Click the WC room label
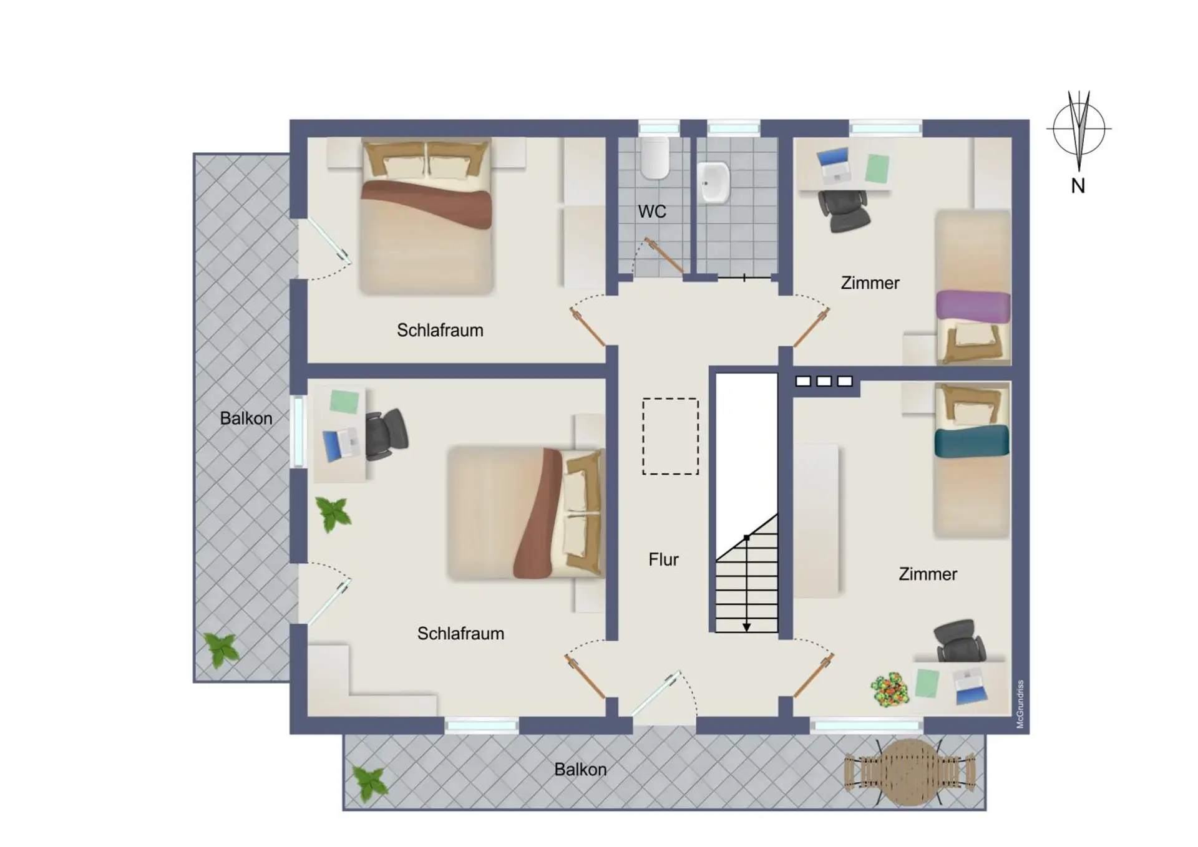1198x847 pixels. (652, 211)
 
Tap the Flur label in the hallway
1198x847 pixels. (663, 559)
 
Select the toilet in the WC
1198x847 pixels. (655, 158)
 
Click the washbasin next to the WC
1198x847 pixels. (714, 182)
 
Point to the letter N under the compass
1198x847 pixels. (1078, 186)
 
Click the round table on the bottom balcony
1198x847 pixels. (909, 772)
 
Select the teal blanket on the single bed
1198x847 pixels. (972, 440)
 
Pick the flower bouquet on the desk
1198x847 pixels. (889, 689)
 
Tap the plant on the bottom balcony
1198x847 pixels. (369, 783)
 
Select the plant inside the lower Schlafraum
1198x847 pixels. (333, 514)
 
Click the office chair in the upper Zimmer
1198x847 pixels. (843, 211)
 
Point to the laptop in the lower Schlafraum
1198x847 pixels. (341, 443)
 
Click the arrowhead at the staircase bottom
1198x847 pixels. (746, 627)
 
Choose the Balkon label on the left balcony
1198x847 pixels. (246, 418)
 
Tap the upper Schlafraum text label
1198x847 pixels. (440, 330)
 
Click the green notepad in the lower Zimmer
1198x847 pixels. (927, 683)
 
